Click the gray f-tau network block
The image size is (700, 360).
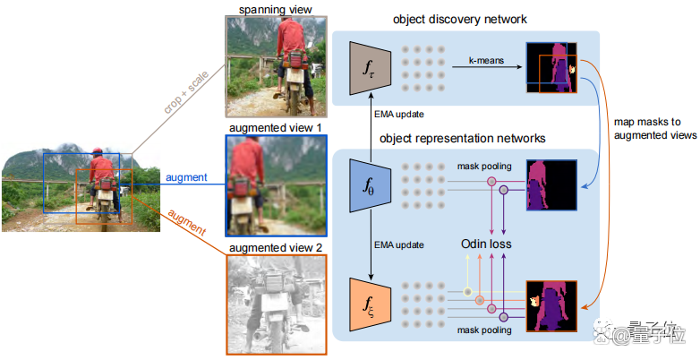coord(371,68)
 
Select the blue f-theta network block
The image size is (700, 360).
coord(371,185)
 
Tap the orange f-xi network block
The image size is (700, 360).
coord(371,304)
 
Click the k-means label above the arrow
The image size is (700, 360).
coord(486,60)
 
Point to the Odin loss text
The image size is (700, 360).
coord(486,244)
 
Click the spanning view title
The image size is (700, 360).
coord(276,9)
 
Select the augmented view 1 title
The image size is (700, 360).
coord(276,128)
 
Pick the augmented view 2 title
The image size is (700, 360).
coord(276,247)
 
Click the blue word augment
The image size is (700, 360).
coord(186,178)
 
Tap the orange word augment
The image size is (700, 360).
coord(186,222)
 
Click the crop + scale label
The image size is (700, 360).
coord(186,92)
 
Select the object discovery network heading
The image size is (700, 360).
coord(460,20)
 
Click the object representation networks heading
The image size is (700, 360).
coord(463,139)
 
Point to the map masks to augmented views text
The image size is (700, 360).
coord(655,129)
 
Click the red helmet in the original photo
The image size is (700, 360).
coord(97,151)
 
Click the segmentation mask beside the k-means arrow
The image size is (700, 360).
coord(551,68)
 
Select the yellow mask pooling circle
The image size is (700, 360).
coord(467,292)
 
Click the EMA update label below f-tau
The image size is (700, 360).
coord(399,115)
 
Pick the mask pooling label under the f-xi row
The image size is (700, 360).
coord(484,330)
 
